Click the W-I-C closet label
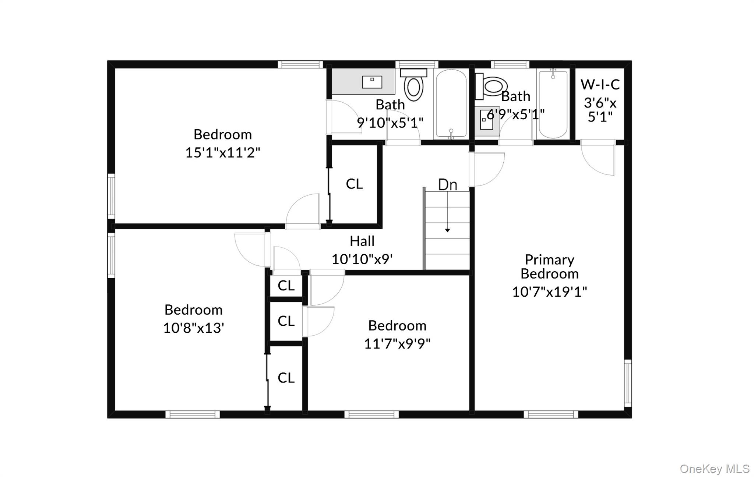pyautogui.click(x=600, y=85)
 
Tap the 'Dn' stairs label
pyautogui.click(x=447, y=185)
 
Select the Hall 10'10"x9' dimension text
pyautogui.click(x=362, y=259)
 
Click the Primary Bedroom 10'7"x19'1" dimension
pyautogui.click(x=549, y=292)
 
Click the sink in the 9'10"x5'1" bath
pyautogui.click(x=372, y=82)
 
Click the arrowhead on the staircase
pyautogui.click(x=447, y=230)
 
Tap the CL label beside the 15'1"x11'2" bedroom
pyautogui.click(x=354, y=184)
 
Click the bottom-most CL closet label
pyautogui.click(x=286, y=378)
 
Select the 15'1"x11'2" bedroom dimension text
pyautogui.click(x=222, y=152)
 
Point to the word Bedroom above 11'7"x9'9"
pyautogui.click(x=397, y=326)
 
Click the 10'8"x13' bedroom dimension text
pyautogui.click(x=194, y=328)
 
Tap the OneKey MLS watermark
pyautogui.click(x=714, y=469)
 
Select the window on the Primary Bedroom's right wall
pyautogui.click(x=628, y=383)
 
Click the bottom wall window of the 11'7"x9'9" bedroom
pyautogui.click(x=371, y=414)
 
